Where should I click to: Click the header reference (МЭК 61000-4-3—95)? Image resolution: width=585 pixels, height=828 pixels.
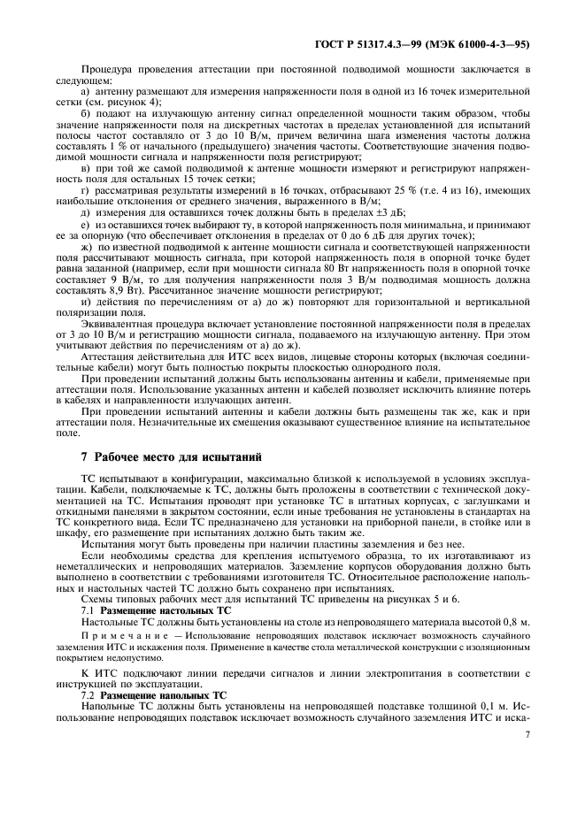pyautogui.click(x=479, y=42)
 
